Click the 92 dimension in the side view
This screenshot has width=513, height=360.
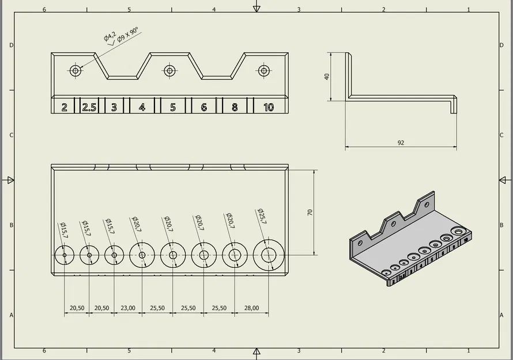coord(401,143)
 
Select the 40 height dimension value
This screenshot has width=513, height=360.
coord(327,76)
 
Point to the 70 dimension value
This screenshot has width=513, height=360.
coord(310,213)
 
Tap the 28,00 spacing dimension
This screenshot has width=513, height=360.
coord(251,308)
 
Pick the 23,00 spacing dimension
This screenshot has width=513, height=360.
coord(127,308)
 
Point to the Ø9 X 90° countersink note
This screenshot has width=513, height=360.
coord(128,36)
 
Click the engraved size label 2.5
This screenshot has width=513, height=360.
coord(89,107)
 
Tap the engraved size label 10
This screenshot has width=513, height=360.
coord(268,107)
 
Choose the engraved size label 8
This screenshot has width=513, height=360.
coord(235,107)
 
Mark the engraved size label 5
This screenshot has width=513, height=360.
coord(172,107)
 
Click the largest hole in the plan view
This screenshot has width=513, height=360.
coord(269,255)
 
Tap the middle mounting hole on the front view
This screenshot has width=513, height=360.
coord(169,70)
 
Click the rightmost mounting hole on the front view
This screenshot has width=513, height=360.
coord(264,70)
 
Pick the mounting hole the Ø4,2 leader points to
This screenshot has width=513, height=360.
coord(75,70)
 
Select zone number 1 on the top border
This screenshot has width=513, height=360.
coord(469,10)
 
